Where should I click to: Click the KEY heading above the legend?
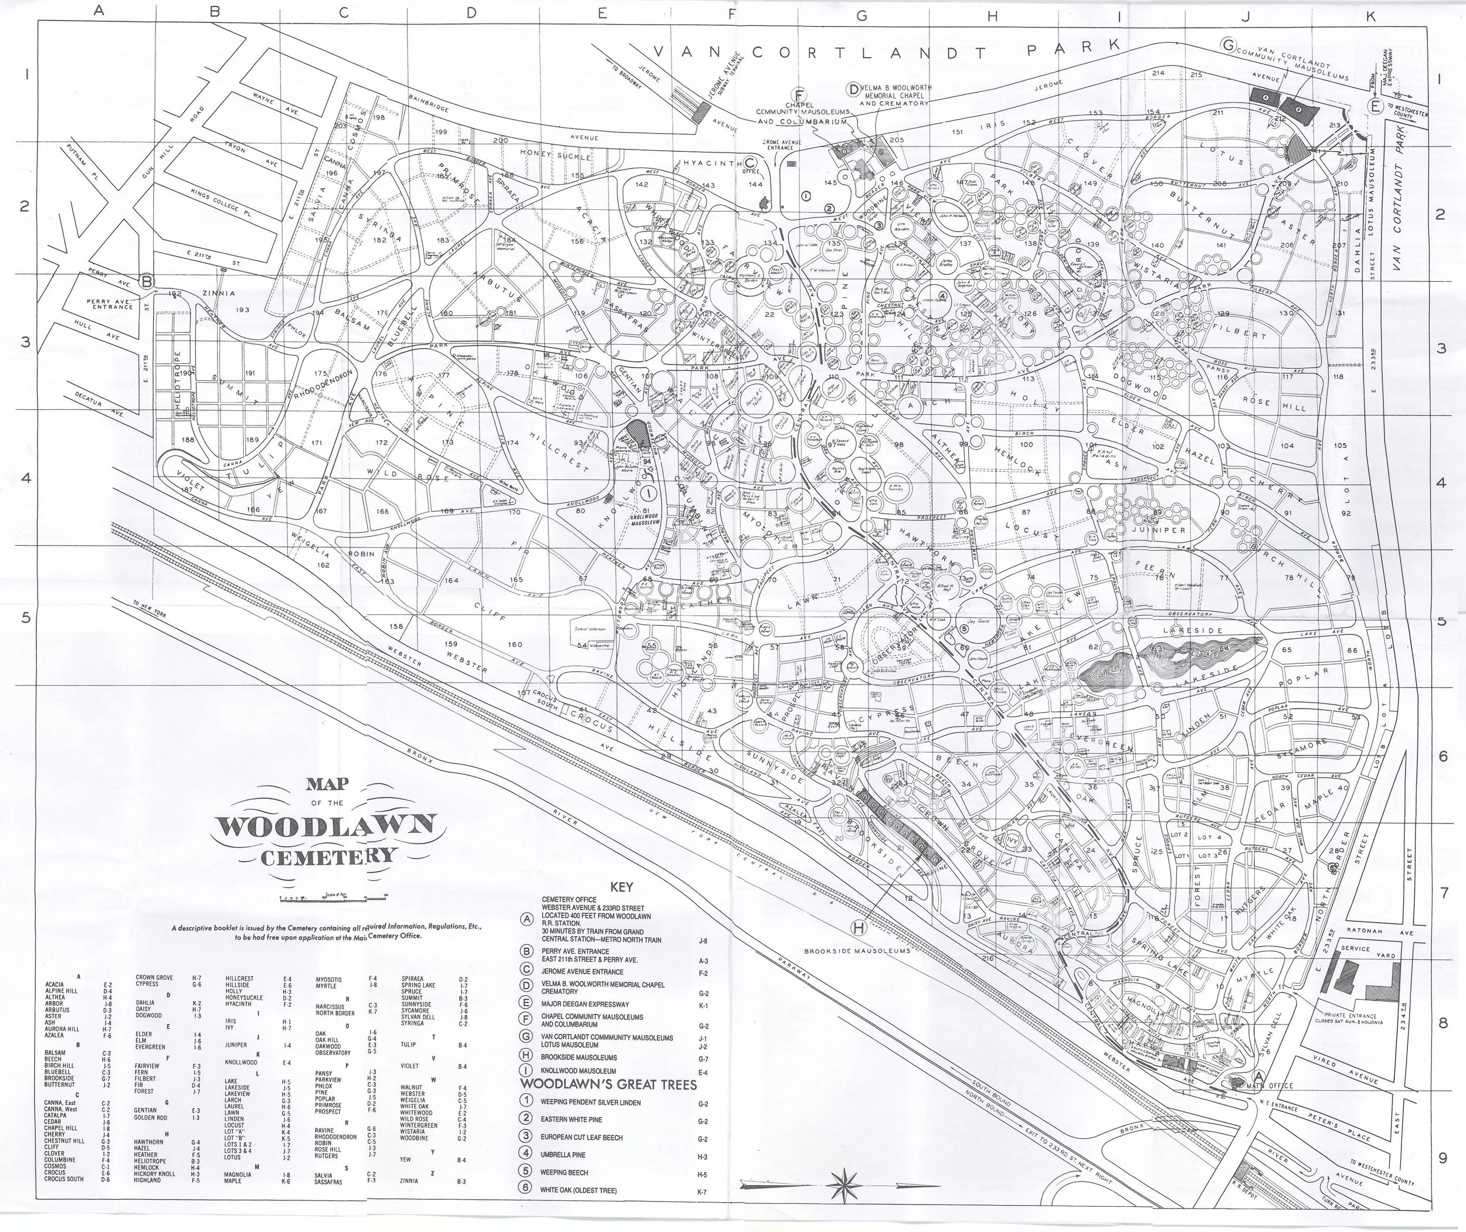coord(621,887)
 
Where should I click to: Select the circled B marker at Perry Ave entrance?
coord(147,281)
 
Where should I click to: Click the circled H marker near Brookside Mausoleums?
coord(858,927)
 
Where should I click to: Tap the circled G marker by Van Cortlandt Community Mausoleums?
coord(1228,45)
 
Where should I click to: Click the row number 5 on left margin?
coord(25,617)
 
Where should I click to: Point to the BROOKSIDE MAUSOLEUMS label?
coord(857,951)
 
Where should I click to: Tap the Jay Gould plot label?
coord(980,620)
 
